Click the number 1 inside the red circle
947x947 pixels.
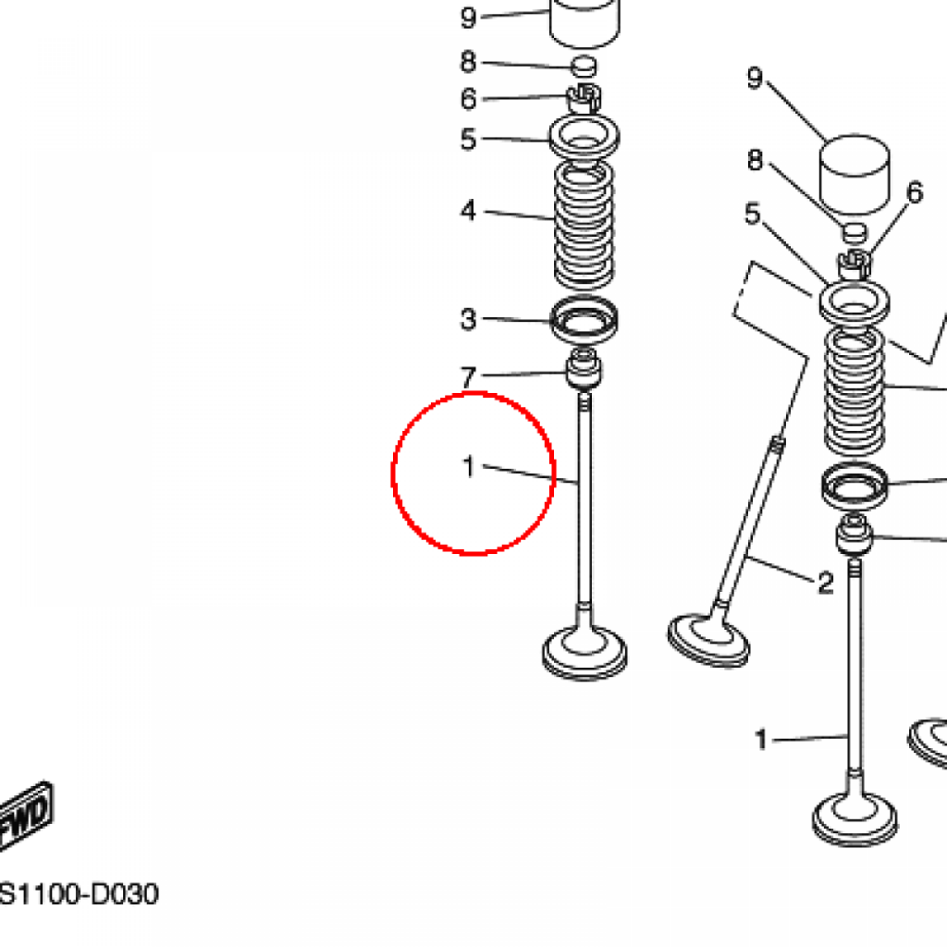tap(469, 467)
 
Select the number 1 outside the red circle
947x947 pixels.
tap(761, 740)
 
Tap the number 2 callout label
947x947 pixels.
tap(826, 583)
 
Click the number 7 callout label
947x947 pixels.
tap(468, 377)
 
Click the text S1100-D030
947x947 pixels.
tap(79, 894)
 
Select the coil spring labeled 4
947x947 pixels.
tap(584, 225)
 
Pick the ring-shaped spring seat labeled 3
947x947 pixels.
tap(584, 318)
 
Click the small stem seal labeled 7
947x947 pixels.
tap(584, 368)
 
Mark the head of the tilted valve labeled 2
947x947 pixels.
tap(708, 641)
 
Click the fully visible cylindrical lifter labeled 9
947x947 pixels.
tap(854, 174)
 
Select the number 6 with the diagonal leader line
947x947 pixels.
tap(915, 192)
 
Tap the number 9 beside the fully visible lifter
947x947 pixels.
tap(755, 78)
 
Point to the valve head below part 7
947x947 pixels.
tap(584, 652)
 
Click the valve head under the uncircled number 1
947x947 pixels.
tap(855, 818)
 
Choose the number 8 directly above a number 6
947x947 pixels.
tap(468, 62)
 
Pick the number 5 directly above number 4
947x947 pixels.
tap(468, 139)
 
